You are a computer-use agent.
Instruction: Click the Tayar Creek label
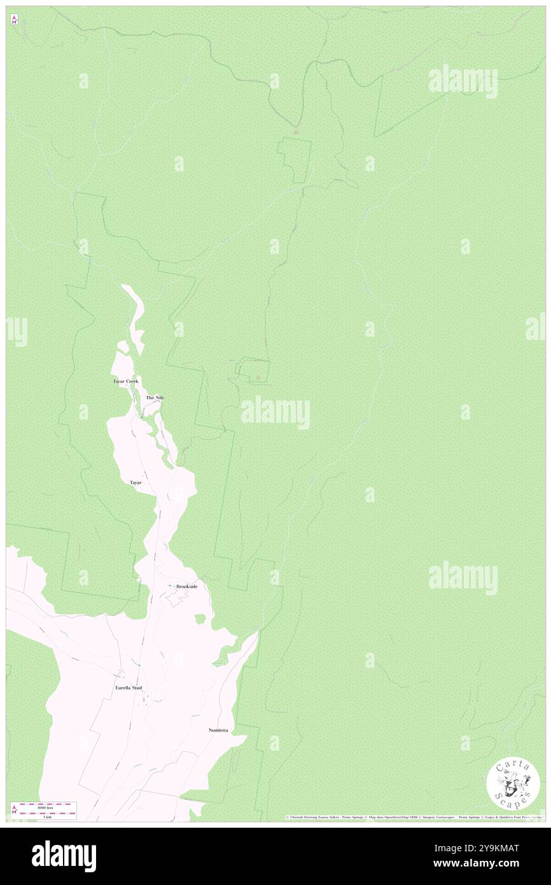coord(125,381)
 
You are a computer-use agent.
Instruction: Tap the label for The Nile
coord(155,397)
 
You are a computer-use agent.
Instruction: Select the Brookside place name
coord(186,586)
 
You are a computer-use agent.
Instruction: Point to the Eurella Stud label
coord(129,688)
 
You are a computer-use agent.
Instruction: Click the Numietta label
coord(218,730)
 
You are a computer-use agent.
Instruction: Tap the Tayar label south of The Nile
coord(136,483)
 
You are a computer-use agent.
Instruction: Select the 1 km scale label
coord(46,817)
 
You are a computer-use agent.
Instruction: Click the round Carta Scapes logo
coord(513,783)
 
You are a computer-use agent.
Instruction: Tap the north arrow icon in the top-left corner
coord(14,20)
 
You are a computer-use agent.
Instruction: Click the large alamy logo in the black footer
coord(64,856)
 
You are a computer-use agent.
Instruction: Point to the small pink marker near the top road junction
coord(295,132)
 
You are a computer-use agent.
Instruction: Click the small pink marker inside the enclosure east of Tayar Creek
coord(258,378)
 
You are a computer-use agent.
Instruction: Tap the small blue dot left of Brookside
coord(169,586)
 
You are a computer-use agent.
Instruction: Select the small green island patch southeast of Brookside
coord(200,619)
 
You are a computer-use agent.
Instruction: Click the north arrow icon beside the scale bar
coord(14,810)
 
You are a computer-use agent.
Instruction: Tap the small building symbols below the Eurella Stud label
coord(145,700)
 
